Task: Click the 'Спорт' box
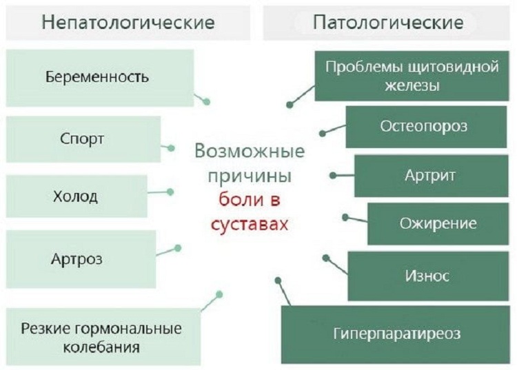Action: pyautogui.click(x=82, y=138)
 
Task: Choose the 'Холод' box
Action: pyautogui.click(x=75, y=196)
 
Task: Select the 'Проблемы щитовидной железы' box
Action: pyautogui.click(x=411, y=76)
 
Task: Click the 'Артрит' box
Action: pyautogui.click(x=430, y=175)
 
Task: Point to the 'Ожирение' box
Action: pyautogui.click(x=438, y=224)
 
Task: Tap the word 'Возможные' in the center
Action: pyautogui.click(x=249, y=151)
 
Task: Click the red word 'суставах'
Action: pyautogui.click(x=249, y=223)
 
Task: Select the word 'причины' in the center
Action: pyautogui.click(x=249, y=175)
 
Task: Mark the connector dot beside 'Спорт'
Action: pyautogui.click(x=172, y=147)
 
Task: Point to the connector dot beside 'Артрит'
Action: pyautogui.click(x=332, y=176)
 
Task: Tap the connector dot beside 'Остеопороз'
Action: pyautogui.click(x=322, y=133)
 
